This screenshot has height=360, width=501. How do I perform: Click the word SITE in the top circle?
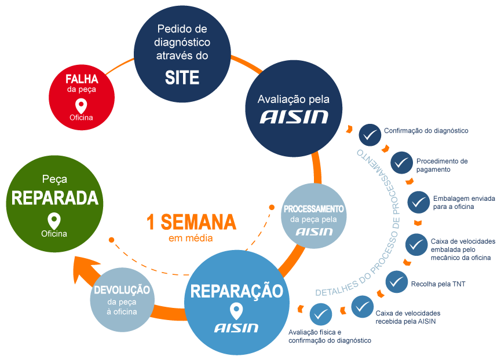coord(182,77)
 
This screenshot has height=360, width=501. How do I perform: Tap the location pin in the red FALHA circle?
coord(81,106)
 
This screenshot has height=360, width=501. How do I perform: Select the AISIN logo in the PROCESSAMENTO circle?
coord(314,232)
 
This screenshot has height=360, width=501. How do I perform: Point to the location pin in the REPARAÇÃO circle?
coord(236,311)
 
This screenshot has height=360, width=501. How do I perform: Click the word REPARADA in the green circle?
coord(54,199)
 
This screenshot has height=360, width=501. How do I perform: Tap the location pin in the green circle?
coord(54,221)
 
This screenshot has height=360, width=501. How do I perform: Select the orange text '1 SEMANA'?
coord(191,222)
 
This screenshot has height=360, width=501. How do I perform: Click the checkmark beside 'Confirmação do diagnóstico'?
coord(369,135)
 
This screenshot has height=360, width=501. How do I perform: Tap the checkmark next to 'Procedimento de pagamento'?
coord(401,163)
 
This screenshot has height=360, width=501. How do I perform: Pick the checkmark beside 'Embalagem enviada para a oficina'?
coord(418,202)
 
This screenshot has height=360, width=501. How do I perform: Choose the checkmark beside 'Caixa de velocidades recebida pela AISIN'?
coord(361,306)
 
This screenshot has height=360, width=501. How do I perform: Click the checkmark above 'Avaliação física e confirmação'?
coord(320,315)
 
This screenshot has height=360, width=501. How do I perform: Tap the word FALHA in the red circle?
coord(82,79)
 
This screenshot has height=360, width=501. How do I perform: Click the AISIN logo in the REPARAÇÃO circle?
coord(236,328)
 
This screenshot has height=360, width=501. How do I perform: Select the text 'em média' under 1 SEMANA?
coord(191,238)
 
